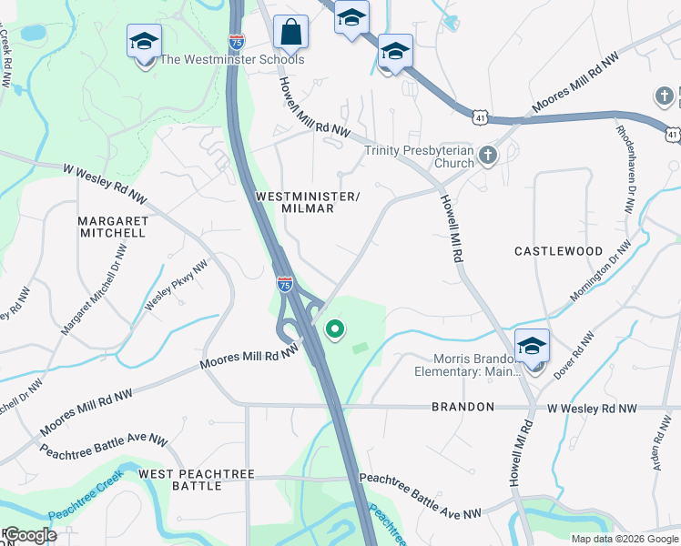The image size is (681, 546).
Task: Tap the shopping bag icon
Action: pos(290,33)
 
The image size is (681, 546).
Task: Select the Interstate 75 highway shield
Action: pos(285,284)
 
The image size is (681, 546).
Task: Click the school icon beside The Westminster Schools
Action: pos(143,42)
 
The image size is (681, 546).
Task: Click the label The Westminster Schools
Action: pos(231,60)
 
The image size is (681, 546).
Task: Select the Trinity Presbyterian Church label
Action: pos(420,157)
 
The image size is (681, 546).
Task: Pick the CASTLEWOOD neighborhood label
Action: pos(558,250)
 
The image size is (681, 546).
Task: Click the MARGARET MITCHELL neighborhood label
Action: pos(112,227)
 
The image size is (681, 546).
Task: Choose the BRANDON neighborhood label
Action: pos(462,407)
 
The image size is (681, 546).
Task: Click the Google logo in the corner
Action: pos(29,535)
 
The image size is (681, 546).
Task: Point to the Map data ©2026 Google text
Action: pos(625,539)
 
